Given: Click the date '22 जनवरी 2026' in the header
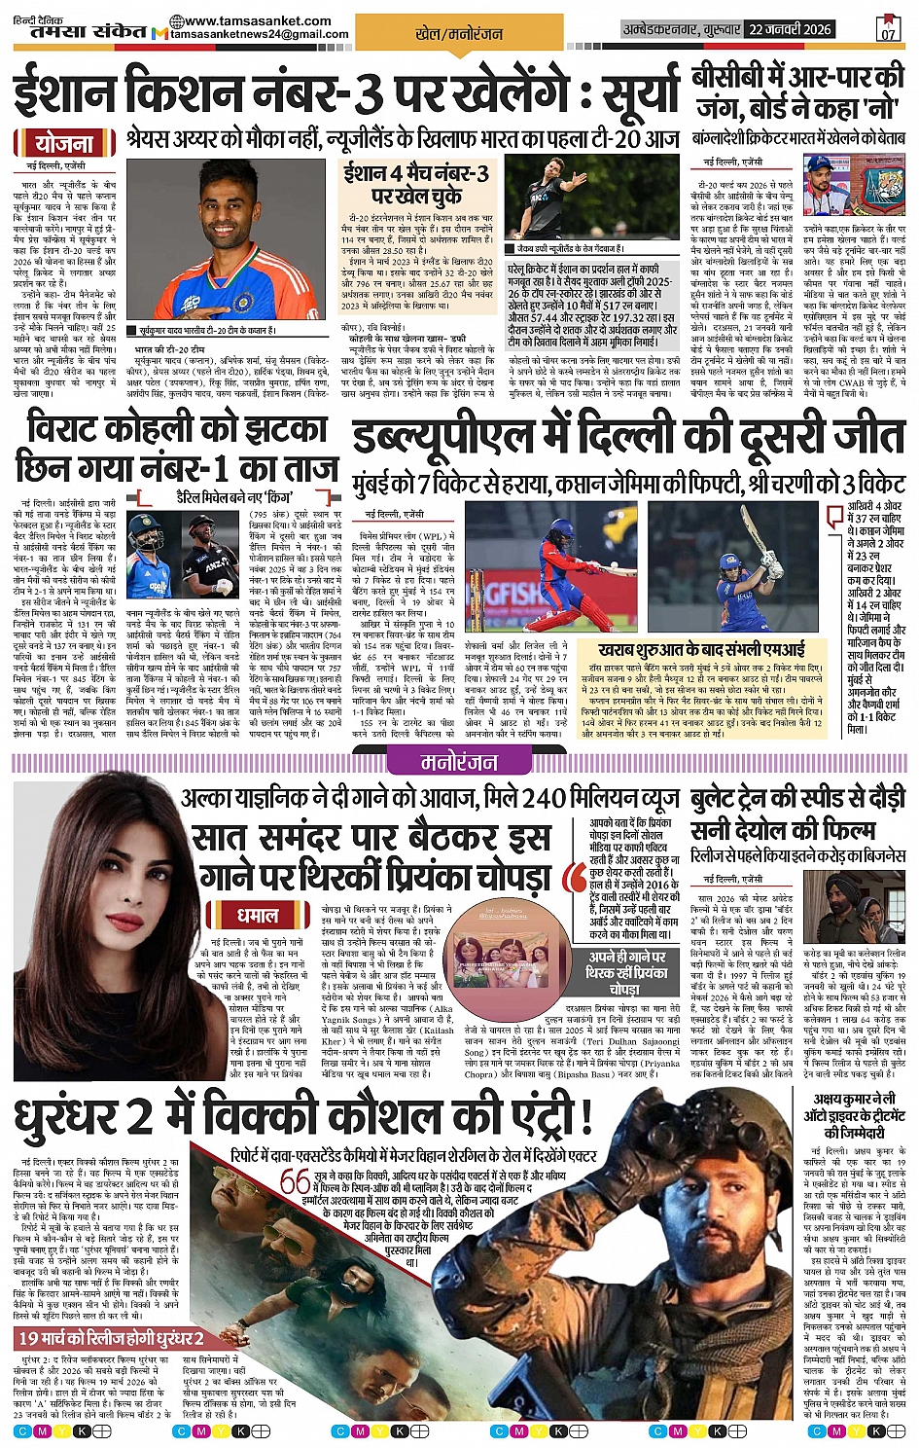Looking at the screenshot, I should click(790, 29).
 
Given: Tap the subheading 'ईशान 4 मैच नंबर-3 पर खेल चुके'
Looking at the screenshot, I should click(416, 184).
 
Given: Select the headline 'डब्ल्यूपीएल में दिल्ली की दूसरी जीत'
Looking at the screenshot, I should click(626, 437).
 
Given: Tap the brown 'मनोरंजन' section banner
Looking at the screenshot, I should click(459, 762).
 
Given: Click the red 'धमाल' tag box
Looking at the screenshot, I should click(257, 915).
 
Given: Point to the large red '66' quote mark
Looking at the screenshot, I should click(295, 1181).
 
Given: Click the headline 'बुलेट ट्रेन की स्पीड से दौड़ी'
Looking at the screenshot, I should click(797, 800).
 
